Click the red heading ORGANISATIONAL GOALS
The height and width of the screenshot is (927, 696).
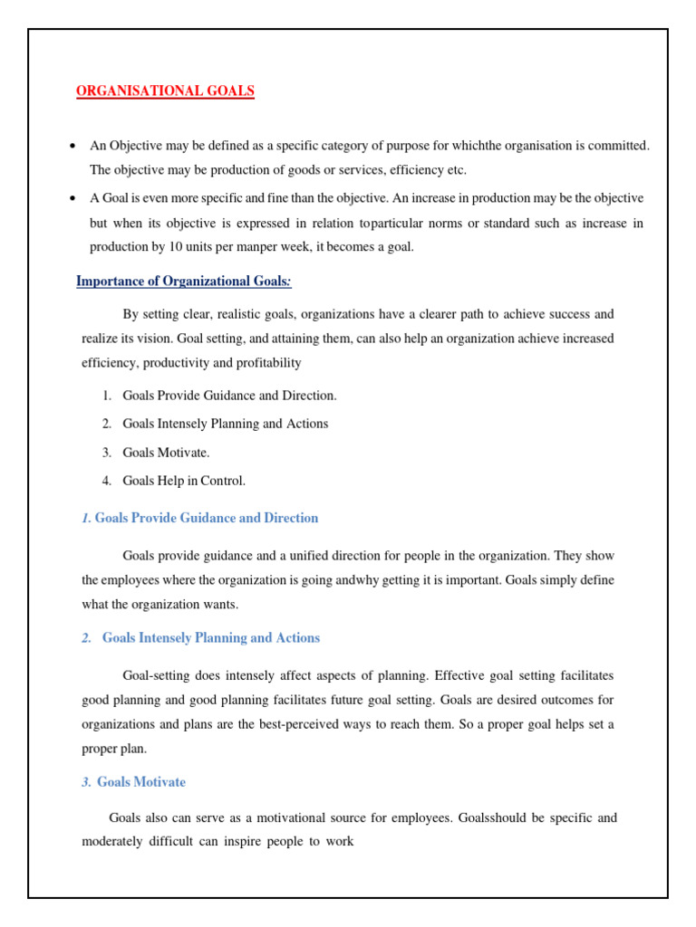[x=164, y=91]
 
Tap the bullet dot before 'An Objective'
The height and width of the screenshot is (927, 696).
[x=71, y=146]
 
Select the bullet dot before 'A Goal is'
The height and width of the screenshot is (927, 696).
[x=71, y=198]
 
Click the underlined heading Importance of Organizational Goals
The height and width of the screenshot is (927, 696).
[x=183, y=281]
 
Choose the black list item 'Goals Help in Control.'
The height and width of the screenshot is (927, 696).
[x=184, y=481]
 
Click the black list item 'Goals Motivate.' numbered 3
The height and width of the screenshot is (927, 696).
[x=166, y=452]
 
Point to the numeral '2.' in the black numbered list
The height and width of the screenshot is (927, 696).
[x=106, y=424]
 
